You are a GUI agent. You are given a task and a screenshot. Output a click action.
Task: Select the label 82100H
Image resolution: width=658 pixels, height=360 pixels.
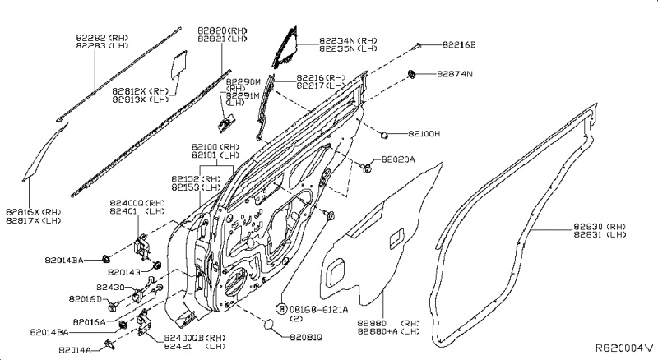(x=424, y=133)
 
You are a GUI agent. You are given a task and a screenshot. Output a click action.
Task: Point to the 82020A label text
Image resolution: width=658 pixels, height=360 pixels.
(x=398, y=159)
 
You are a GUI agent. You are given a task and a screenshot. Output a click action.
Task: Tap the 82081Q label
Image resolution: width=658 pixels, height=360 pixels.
(x=305, y=337)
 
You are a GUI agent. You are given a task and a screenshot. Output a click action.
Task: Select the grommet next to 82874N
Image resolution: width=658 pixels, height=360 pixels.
(x=410, y=76)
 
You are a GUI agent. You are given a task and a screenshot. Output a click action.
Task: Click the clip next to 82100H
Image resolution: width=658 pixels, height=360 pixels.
(x=383, y=132)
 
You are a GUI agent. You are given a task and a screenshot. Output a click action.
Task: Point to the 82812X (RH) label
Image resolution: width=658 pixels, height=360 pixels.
(x=140, y=91)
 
